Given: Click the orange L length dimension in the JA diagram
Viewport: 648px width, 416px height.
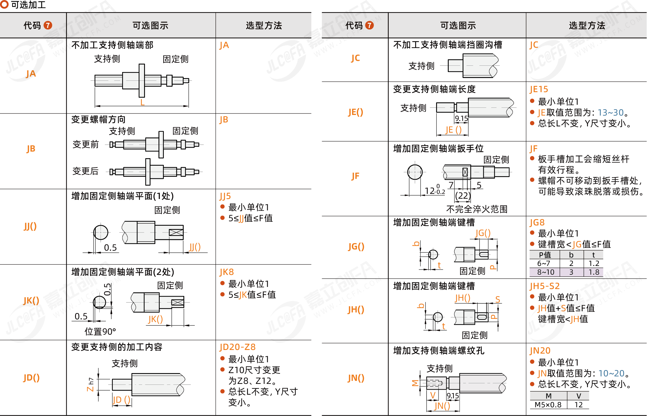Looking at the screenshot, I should coord(143,102).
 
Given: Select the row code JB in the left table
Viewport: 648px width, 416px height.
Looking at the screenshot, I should coord(31,149).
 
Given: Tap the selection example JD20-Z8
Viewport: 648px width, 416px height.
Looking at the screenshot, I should coord(237,347).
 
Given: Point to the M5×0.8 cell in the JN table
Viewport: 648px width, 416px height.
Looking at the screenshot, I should coord(548,405).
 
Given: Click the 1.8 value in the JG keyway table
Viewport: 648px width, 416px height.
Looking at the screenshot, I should coord(594,272).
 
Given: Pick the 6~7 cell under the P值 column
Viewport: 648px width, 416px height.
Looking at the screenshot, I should coord(544,264).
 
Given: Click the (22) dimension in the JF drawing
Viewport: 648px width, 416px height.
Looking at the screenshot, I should coord(463,196).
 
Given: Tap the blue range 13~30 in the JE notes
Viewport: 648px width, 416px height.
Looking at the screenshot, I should coord(610,113).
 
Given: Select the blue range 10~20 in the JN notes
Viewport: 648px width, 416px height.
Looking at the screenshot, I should coord(611,373).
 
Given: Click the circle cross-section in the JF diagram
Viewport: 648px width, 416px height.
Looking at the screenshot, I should coord(415,172).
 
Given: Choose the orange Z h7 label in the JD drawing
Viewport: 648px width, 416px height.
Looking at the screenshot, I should coord(90,384).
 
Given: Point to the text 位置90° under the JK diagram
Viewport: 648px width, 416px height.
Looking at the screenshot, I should coord(100,332).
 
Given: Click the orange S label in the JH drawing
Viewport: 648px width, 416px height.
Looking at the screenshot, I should coord(498,299).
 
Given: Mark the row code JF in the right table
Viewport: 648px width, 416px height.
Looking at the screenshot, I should coord(355,176).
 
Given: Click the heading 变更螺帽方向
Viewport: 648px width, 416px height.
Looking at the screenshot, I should coord(98,119).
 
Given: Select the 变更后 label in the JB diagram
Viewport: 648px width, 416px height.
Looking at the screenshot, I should coord(86,171).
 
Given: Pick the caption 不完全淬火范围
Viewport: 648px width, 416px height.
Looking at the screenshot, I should coord(477,209).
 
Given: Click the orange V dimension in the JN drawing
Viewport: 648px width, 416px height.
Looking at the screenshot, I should coord(433,395).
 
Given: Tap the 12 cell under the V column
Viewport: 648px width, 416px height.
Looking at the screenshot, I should coord(578,405).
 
